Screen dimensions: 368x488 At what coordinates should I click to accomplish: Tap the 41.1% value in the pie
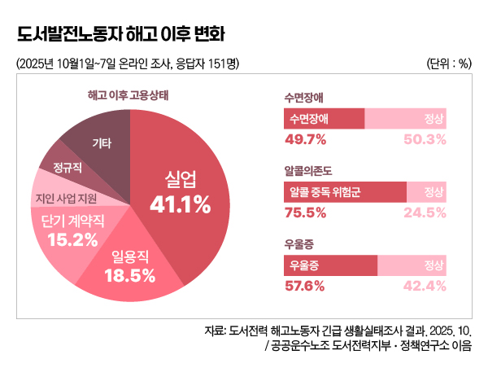point(181,204)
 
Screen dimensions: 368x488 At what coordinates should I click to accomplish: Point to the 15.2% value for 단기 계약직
point(73,239)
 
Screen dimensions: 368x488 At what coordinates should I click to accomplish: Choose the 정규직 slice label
point(68,168)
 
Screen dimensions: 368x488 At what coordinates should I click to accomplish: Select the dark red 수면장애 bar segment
point(324,119)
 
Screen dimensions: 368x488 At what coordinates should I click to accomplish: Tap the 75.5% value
point(305,212)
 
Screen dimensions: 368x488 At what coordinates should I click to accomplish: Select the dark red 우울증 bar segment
point(330,266)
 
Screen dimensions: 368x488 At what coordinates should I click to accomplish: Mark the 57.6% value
point(305,286)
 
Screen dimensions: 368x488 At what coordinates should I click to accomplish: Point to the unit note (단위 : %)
point(449,64)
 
